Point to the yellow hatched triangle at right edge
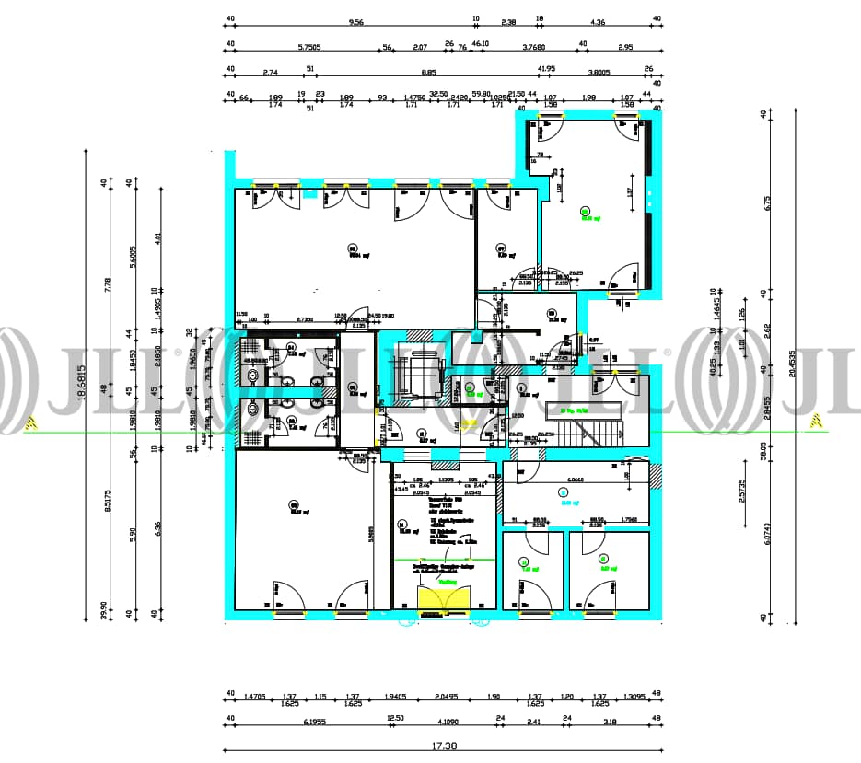coord(815,422)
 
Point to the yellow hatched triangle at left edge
coord(30,422)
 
